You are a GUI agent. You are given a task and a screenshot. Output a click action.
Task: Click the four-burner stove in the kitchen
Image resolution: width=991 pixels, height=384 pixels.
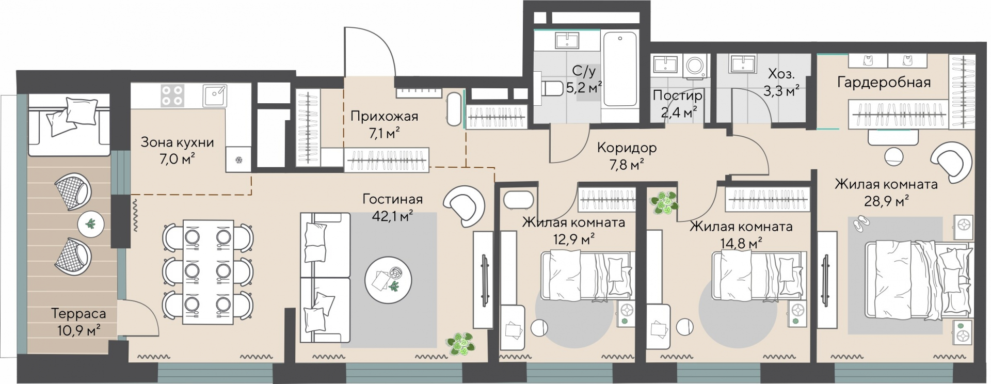click(x=172, y=95)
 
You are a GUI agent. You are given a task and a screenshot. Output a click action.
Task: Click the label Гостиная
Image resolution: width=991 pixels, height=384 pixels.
click(x=392, y=199)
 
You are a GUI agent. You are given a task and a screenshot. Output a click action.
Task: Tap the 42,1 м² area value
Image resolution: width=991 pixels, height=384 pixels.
click(x=393, y=216)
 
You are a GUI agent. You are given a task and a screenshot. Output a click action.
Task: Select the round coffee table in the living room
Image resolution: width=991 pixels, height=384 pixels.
click(x=388, y=280)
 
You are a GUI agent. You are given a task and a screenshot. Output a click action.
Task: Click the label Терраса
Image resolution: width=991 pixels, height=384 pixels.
click(x=78, y=313)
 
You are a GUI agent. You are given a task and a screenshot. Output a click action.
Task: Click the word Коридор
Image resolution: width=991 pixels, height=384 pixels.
click(x=627, y=148)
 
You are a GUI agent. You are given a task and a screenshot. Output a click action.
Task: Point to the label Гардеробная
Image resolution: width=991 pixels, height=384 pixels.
click(x=884, y=82)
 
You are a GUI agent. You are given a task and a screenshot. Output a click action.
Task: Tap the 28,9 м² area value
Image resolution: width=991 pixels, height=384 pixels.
click(x=887, y=200)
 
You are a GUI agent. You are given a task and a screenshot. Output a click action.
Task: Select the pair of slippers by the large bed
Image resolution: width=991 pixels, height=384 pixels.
click(x=860, y=222)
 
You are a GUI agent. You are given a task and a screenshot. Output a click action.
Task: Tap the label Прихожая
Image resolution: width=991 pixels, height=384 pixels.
click(x=384, y=116)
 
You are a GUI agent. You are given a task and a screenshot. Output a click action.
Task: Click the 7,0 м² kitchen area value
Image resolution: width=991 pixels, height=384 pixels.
click(x=177, y=159)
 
